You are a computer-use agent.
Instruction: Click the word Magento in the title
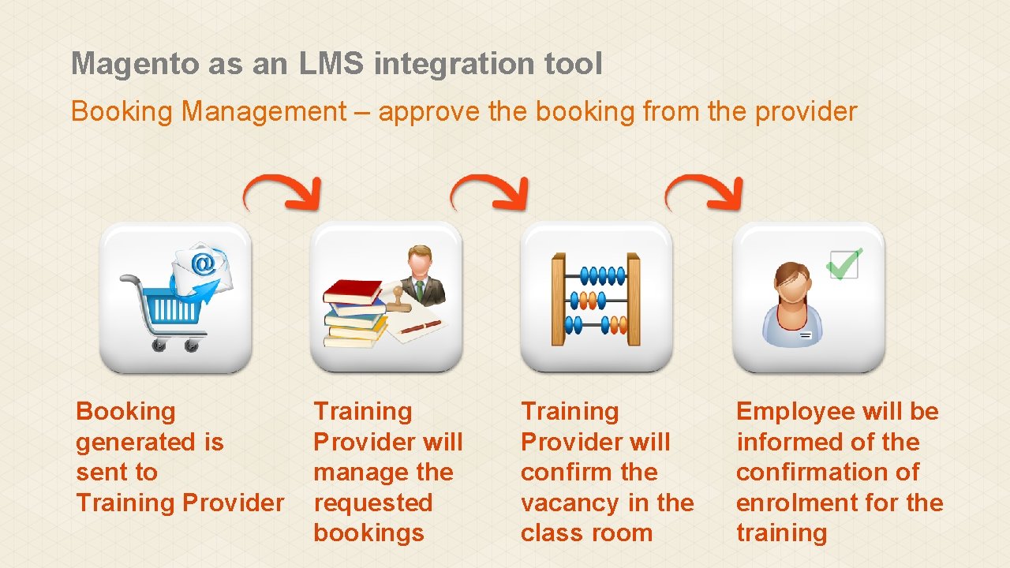click(x=136, y=64)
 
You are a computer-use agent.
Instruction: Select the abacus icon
click(x=596, y=299)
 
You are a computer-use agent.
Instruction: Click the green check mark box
click(x=844, y=263)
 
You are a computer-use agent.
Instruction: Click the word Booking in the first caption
click(x=125, y=412)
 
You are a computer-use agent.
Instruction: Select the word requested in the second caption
click(x=372, y=503)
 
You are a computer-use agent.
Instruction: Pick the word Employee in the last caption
click(x=795, y=412)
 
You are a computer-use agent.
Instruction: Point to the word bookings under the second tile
click(x=368, y=533)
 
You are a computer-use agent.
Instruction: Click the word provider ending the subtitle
click(x=806, y=112)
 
